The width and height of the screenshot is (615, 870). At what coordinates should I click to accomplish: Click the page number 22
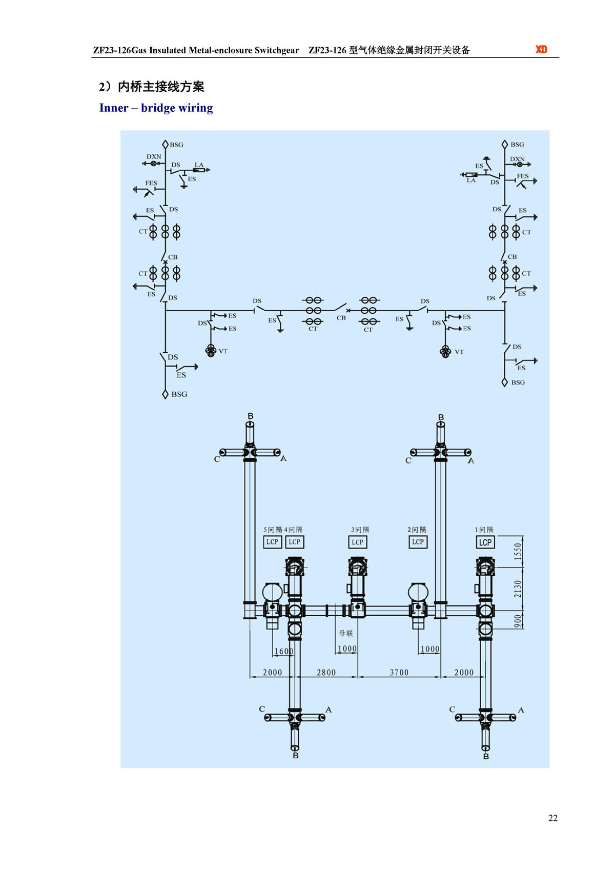(x=552, y=818)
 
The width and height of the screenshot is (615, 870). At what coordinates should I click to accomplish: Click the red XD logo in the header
(x=541, y=49)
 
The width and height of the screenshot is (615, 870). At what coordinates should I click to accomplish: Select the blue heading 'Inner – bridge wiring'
(x=156, y=108)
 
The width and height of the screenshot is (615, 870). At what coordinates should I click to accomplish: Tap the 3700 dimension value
(x=399, y=672)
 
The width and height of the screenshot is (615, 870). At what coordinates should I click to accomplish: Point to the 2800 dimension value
(x=326, y=672)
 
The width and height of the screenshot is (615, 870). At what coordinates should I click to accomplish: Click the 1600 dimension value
(x=283, y=651)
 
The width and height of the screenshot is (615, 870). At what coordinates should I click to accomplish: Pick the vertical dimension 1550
(x=518, y=551)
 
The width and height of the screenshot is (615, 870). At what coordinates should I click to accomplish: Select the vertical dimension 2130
(x=518, y=589)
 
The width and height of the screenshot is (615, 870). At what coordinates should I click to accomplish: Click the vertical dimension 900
(x=518, y=621)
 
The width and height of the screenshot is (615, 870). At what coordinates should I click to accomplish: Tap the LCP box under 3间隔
(x=357, y=542)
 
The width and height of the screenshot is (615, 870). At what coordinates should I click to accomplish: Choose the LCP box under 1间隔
(x=485, y=542)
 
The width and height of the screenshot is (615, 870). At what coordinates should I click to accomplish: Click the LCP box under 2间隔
(x=418, y=542)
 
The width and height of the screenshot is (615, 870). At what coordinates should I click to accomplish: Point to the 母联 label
(x=346, y=633)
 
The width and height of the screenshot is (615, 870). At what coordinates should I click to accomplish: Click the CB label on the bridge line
(x=341, y=318)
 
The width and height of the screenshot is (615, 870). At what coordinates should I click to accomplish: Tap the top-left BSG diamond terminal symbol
(x=165, y=145)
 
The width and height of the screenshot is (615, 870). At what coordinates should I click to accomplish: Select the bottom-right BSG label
(x=518, y=382)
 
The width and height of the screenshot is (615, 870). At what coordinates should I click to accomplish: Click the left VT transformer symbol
(x=210, y=351)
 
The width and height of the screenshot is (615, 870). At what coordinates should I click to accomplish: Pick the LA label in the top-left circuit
(x=199, y=165)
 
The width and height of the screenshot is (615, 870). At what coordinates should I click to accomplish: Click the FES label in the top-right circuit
(x=522, y=176)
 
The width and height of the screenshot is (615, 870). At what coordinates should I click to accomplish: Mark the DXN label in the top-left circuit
(x=154, y=156)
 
